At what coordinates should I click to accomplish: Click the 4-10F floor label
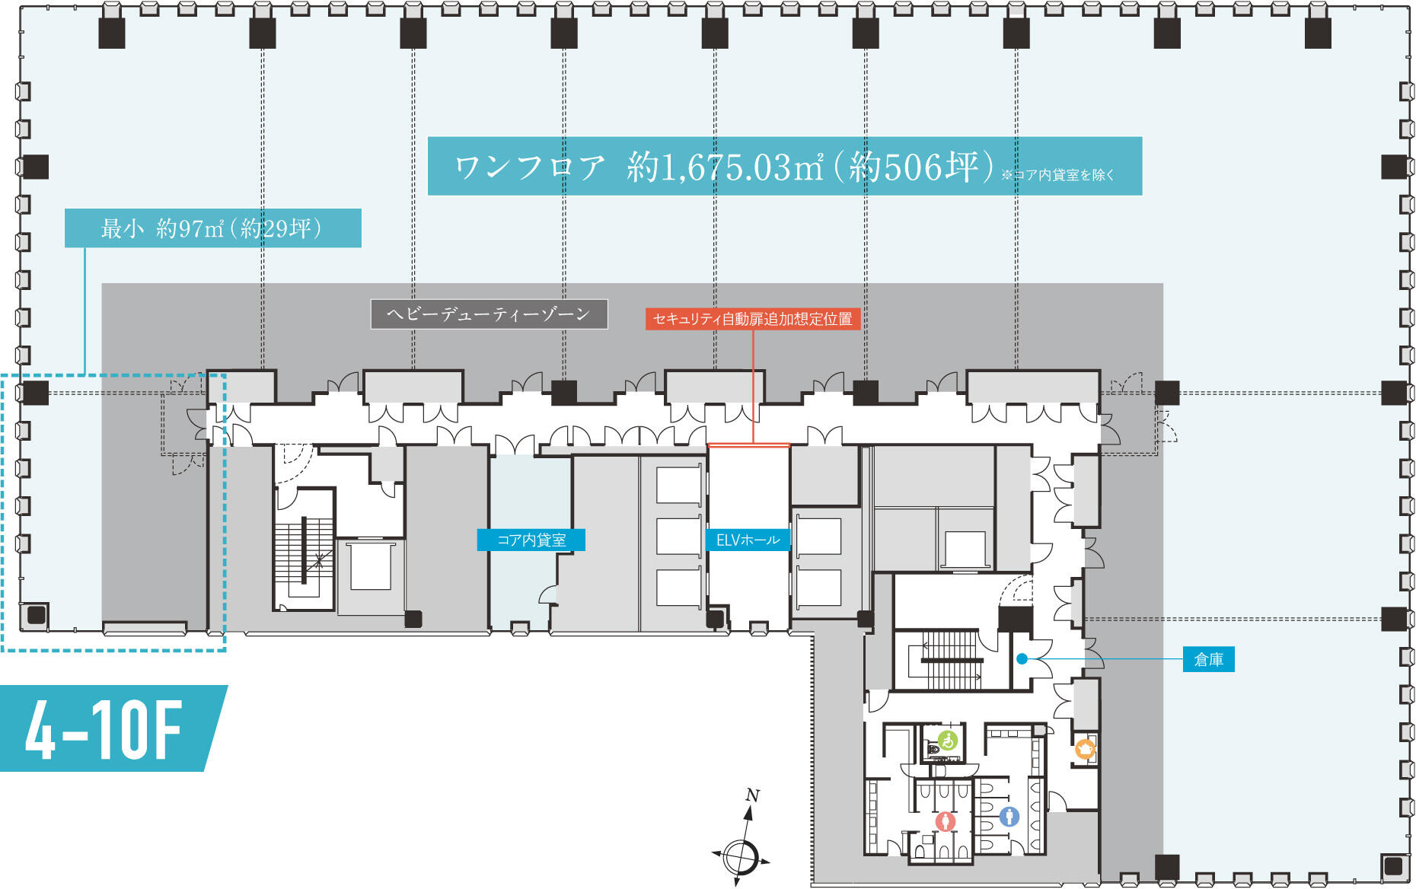point(107,728)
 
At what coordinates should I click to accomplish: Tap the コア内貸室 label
point(531,540)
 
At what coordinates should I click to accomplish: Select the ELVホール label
point(748,540)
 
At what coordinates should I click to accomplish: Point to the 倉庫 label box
point(1208,659)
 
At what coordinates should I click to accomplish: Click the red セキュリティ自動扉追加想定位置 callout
point(753,319)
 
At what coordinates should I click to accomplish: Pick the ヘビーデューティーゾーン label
point(489,314)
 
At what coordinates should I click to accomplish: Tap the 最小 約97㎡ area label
point(212,228)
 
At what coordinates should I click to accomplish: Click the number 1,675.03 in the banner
point(725,167)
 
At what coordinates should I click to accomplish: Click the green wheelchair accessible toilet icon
point(947,740)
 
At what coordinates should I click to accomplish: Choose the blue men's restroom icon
point(1009,817)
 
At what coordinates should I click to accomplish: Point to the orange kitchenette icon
point(1085,750)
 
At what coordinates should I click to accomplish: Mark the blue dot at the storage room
point(1022,659)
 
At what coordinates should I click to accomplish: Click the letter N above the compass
point(752,795)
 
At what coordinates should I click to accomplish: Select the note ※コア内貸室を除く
point(1058,175)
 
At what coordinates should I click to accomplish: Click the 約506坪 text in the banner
point(914,167)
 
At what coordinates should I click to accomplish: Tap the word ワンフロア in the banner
point(530,167)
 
